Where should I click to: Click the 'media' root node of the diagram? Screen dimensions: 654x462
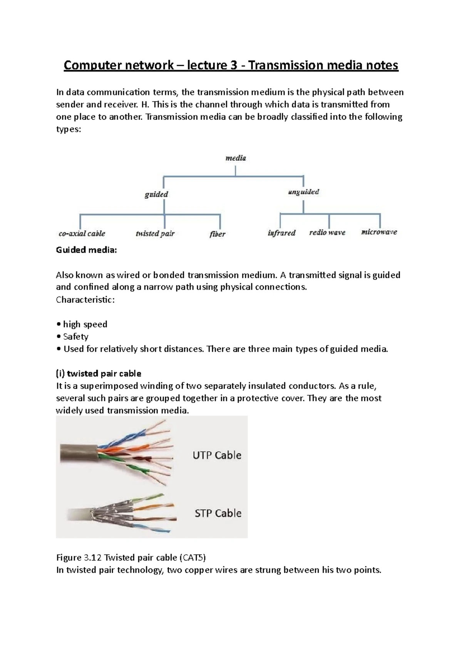(x=235, y=158)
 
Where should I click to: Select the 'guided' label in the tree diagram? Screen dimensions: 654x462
(x=156, y=194)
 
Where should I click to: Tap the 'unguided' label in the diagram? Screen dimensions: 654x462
(x=303, y=191)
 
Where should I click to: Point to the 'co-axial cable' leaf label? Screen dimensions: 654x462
(x=82, y=233)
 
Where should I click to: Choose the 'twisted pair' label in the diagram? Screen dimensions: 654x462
(x=155, y=233)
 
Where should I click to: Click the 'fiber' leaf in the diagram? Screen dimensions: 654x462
(x=218, y=234)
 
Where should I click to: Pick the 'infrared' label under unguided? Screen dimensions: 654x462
(x=281, y=233)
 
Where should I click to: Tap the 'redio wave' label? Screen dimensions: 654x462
(x=327, y=232)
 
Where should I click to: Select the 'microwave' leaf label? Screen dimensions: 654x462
(x=379, y=232)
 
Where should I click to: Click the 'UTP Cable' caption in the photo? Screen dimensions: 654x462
(x=217, y=455)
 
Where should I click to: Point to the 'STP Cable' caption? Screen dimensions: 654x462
(x=218, y=513)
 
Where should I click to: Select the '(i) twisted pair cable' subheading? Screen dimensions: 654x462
(x=99, y=373)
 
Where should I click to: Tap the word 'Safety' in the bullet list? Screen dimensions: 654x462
(x=76, y=336)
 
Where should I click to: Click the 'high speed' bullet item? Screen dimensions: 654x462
(x=85, y=324)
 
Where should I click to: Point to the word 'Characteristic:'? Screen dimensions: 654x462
(x=85, y=299)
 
